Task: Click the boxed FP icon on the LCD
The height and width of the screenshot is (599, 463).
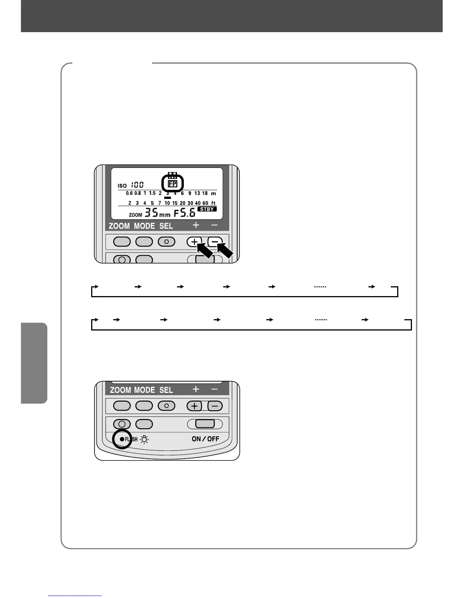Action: tap(172, 184)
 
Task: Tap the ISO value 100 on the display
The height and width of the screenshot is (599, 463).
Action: tap(137, 185)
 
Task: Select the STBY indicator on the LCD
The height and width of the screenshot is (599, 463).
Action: tap(207, 209)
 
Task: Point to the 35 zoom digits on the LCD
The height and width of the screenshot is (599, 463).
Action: tap(151, 213)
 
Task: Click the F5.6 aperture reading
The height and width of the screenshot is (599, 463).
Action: tap(185, 213)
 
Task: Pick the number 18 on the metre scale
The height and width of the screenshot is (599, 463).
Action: tap(205, 193)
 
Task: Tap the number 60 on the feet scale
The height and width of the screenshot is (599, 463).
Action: tap(205, 203)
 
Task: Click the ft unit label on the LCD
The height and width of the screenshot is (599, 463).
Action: tap(213, 203)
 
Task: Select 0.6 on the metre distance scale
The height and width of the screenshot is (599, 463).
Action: tap(129, 193)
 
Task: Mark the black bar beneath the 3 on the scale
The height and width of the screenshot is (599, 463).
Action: tap(168, 197)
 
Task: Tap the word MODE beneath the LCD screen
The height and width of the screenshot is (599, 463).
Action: tap(144, 226)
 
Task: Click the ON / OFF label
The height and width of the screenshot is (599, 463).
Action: tap(205, 439)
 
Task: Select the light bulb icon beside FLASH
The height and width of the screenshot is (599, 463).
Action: tap(145, 439)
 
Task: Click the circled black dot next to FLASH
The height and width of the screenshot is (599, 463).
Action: tap(122, 439)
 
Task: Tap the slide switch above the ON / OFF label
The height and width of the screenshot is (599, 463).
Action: tap(205, 424)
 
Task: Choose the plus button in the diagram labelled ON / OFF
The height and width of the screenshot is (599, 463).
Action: tap(194, 406)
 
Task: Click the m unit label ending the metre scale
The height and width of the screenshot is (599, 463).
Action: tap(213, 193)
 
